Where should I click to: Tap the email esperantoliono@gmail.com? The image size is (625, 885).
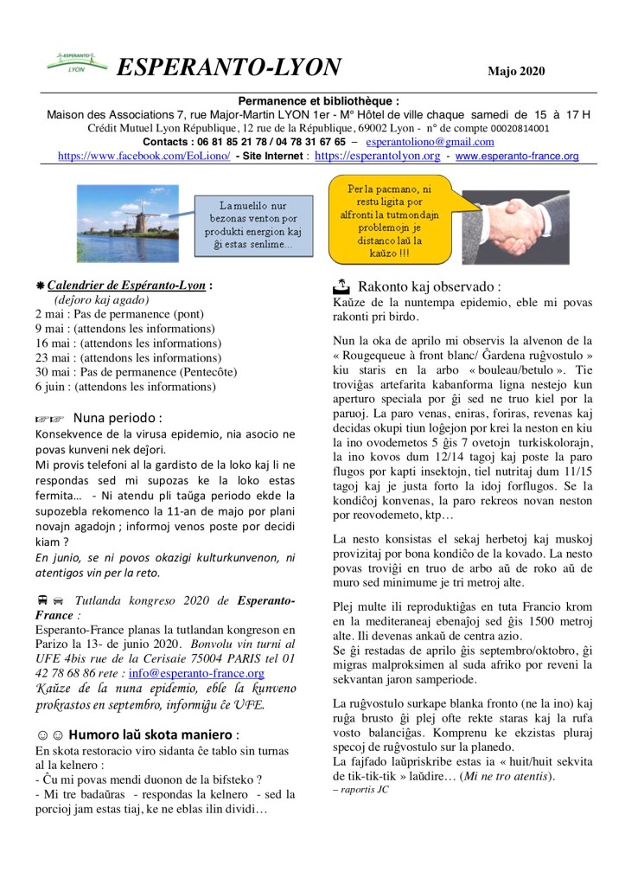[430, 142]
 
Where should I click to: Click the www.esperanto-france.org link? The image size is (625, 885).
[517, 157]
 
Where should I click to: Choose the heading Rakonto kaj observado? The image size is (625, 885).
[429, 286]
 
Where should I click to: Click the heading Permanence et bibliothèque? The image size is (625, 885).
[312, 101]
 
